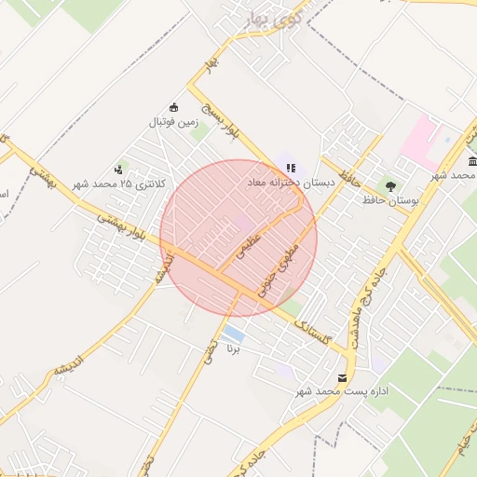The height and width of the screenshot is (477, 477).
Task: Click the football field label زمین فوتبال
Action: pyautogui.click(x=173, y=122)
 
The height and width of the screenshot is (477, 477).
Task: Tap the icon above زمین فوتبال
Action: pyautogui.click(x=173, y=106)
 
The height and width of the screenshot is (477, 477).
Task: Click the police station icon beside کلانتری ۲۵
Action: pyautogui.click(x=118, y=170)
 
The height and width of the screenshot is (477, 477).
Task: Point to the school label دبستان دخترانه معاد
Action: pyautogui.click(x=290, y=184)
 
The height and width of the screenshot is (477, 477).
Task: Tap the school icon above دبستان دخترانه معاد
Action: pyautogui.click(x=291, y=169)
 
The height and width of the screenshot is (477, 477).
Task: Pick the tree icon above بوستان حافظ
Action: pyautogui.click(x=389, y=185)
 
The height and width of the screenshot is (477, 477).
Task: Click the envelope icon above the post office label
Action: pyautogui.click(x=343, y=377)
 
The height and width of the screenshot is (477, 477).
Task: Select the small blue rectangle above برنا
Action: pyautogui.click(x=233, y=334)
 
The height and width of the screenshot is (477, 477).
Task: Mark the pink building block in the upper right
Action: pyautogui.click(x=421, y=138)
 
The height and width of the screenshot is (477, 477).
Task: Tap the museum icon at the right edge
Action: pyautogui.click(x=471, y=164)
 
